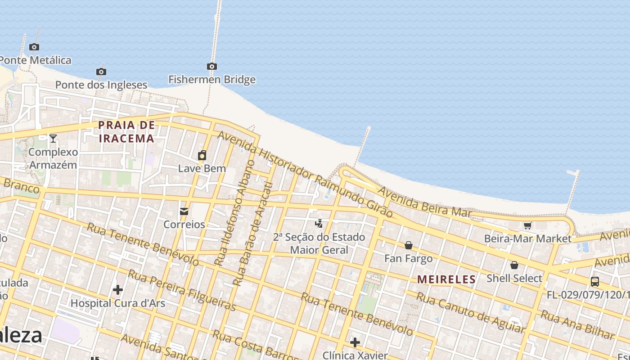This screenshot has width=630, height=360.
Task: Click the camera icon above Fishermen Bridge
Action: click(212, 67)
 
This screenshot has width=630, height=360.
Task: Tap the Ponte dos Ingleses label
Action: click(101, 85)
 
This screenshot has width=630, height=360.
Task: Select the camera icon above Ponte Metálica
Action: click(34, 47)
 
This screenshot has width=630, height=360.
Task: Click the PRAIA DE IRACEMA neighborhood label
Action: click(126, 131)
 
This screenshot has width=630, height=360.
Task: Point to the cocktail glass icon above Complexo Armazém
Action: click(53, 139)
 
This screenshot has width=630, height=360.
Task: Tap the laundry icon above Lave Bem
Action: click(202, 156)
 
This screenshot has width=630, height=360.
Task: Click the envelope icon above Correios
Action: click(184, 211)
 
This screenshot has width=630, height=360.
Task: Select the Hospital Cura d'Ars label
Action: click(118, 303)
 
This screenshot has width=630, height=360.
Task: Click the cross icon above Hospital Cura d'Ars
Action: click(118, 290)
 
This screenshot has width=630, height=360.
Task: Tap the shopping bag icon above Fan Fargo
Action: click(409, 245)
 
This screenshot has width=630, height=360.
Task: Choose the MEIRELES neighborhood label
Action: click(446, 279)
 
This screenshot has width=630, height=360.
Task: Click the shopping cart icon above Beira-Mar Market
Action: click(528, 225)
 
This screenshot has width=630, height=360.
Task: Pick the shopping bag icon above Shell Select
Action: click(514, 265)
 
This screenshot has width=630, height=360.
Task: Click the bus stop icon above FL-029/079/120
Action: click(595, 282)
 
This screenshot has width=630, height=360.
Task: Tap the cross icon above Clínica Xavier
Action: click(355, 342)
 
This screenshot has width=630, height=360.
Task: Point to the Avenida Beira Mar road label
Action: click(425, 202)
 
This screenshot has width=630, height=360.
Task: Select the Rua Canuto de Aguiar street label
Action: click(470, 313)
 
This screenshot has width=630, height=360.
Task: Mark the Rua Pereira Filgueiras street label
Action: click(182, 290)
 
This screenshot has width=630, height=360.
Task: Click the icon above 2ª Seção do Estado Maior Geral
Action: click(319, 223)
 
